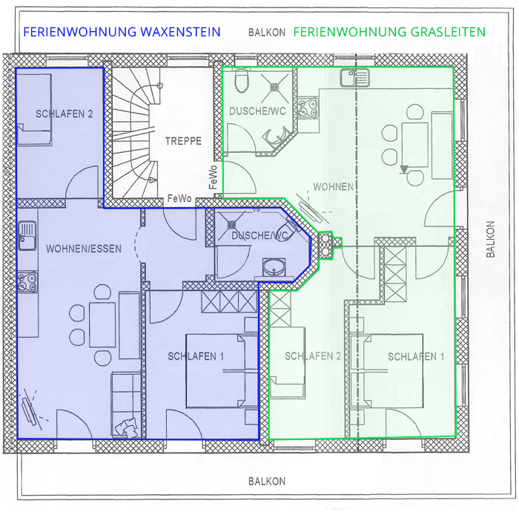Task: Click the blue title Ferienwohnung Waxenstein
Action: point(122,32)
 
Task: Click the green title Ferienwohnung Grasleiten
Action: point(389,32)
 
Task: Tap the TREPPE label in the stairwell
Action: point(183,141)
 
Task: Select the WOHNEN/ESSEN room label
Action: point(84,249)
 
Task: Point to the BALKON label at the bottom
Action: point(267,481)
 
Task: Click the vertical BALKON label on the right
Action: point(491,239)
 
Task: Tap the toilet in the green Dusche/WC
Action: point(242,82)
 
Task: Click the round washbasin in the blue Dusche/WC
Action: point(274,267)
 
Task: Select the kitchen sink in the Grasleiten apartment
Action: point(354,78)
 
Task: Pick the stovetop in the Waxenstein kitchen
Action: point(27,282)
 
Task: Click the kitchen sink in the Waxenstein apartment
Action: point(27,235)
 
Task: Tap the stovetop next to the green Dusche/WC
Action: point(308,108)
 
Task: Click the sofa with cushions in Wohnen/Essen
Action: point(126,405)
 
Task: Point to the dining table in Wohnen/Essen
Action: point(102,324)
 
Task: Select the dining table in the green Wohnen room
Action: point(414,145)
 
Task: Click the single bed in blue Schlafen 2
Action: point(34,109)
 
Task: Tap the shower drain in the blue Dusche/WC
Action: point(231,225)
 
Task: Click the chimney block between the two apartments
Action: point(326,244)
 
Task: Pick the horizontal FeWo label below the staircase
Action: point(179,198)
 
